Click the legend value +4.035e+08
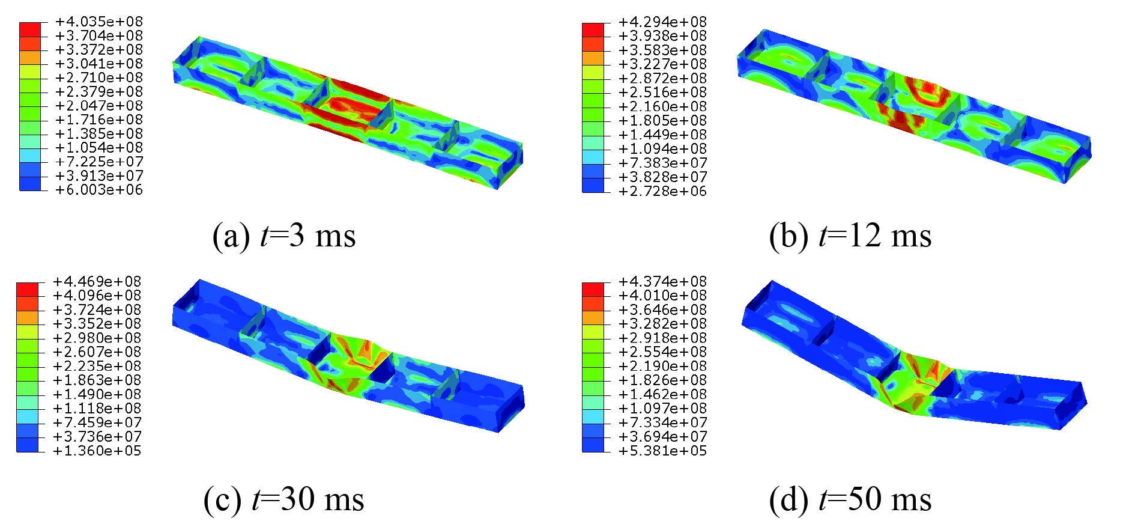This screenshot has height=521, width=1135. pyautogui.click(x=99, y=22)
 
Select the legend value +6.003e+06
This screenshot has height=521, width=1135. pyautogui.click(x=99, y=190)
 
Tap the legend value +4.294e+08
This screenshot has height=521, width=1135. pyautogui.click(x=663, y=22)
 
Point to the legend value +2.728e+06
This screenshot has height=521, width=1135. pyautogui.click(x=663, y=191)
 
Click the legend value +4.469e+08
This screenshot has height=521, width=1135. pyautogui.click(x=97, y=281)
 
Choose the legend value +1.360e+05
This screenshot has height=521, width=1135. pyautogui.click(x=97, y=451)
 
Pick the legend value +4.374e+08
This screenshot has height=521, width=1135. pyautogui.click(x=663, y=281)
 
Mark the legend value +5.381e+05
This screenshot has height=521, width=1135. pyautogui.click(x=663, y=451)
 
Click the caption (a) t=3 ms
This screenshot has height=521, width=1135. pyautogui.click(x=284, y=236)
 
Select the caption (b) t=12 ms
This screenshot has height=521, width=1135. pyautogui.click(x=850, y=236)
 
